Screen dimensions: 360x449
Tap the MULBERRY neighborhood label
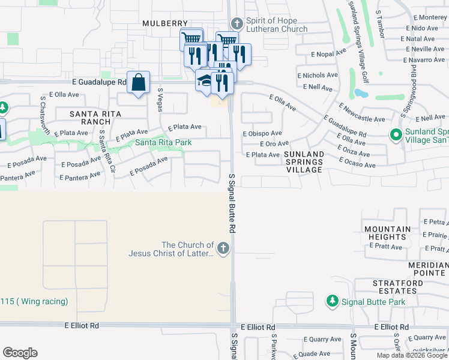[x=165, y=23]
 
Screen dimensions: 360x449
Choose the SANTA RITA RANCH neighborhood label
[x=95, y=118]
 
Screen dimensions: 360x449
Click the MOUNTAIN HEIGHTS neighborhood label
[x=387, y=233]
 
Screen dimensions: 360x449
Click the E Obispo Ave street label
[x=262, y=133]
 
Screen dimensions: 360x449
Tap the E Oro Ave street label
[x=276, y=144]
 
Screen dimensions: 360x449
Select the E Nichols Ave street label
[x=318, y=76]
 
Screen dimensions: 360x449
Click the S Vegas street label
[x=160, y=97]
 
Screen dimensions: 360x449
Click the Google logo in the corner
[x=20, y=353]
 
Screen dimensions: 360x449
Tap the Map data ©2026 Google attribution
[x=412, y=355]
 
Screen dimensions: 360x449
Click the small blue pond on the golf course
[x=361, y=94]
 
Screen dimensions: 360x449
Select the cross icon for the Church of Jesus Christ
[x=223, y=248]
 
